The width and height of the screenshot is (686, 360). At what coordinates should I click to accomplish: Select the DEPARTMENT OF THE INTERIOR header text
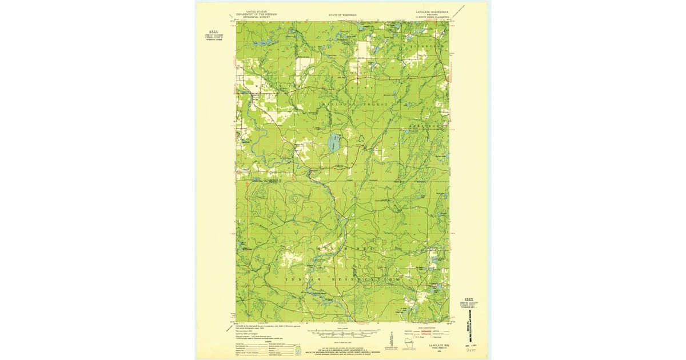256,14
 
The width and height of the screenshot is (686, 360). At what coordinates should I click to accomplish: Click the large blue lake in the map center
335,144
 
